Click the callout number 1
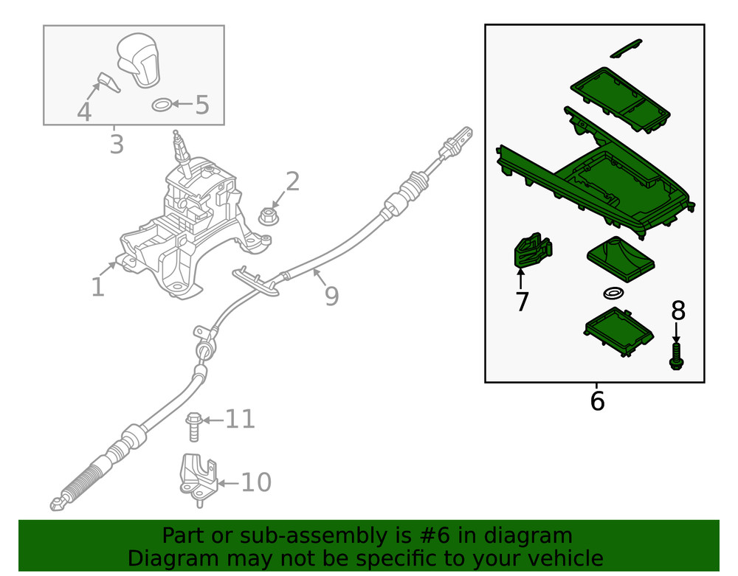(98, 287)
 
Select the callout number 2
(292, 181)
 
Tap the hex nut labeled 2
(268, 216)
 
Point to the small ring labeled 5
(162, 105)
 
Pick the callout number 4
(84, 112)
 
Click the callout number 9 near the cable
(331, 296)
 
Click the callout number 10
(256, 483)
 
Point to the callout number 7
(522, 302)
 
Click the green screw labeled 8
(676, 356)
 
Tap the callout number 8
(678, 311)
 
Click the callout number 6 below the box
(597, 402)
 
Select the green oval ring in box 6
(612, 294)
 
